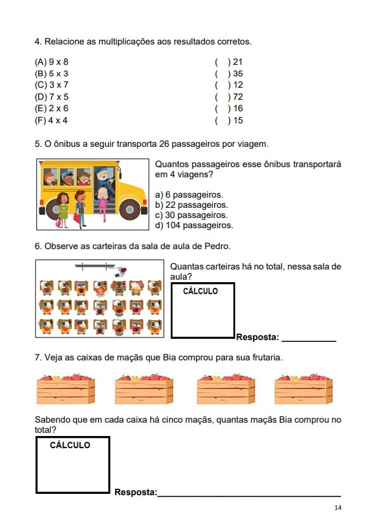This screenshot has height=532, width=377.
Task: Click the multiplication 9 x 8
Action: (58, 62)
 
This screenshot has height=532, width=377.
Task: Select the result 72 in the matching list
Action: (238, 97)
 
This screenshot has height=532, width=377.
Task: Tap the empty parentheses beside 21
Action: (223, 62)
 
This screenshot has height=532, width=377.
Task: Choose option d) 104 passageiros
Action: (194, 225)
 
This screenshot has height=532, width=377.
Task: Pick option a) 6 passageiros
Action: (189, 194)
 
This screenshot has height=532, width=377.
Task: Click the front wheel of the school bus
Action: (130, 209)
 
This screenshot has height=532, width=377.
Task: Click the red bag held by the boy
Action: (77, 217)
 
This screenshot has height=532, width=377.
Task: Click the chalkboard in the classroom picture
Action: (95, 266)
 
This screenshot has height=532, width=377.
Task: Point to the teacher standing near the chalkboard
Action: (121, 272)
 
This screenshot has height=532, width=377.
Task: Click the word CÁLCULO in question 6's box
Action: (200, 291)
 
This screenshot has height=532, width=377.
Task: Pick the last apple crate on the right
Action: (303, 389)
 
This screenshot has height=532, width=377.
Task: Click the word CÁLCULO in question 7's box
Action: (70, 445)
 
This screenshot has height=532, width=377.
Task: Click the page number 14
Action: (338, 508)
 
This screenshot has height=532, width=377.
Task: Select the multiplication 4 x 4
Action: (58, 120)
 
